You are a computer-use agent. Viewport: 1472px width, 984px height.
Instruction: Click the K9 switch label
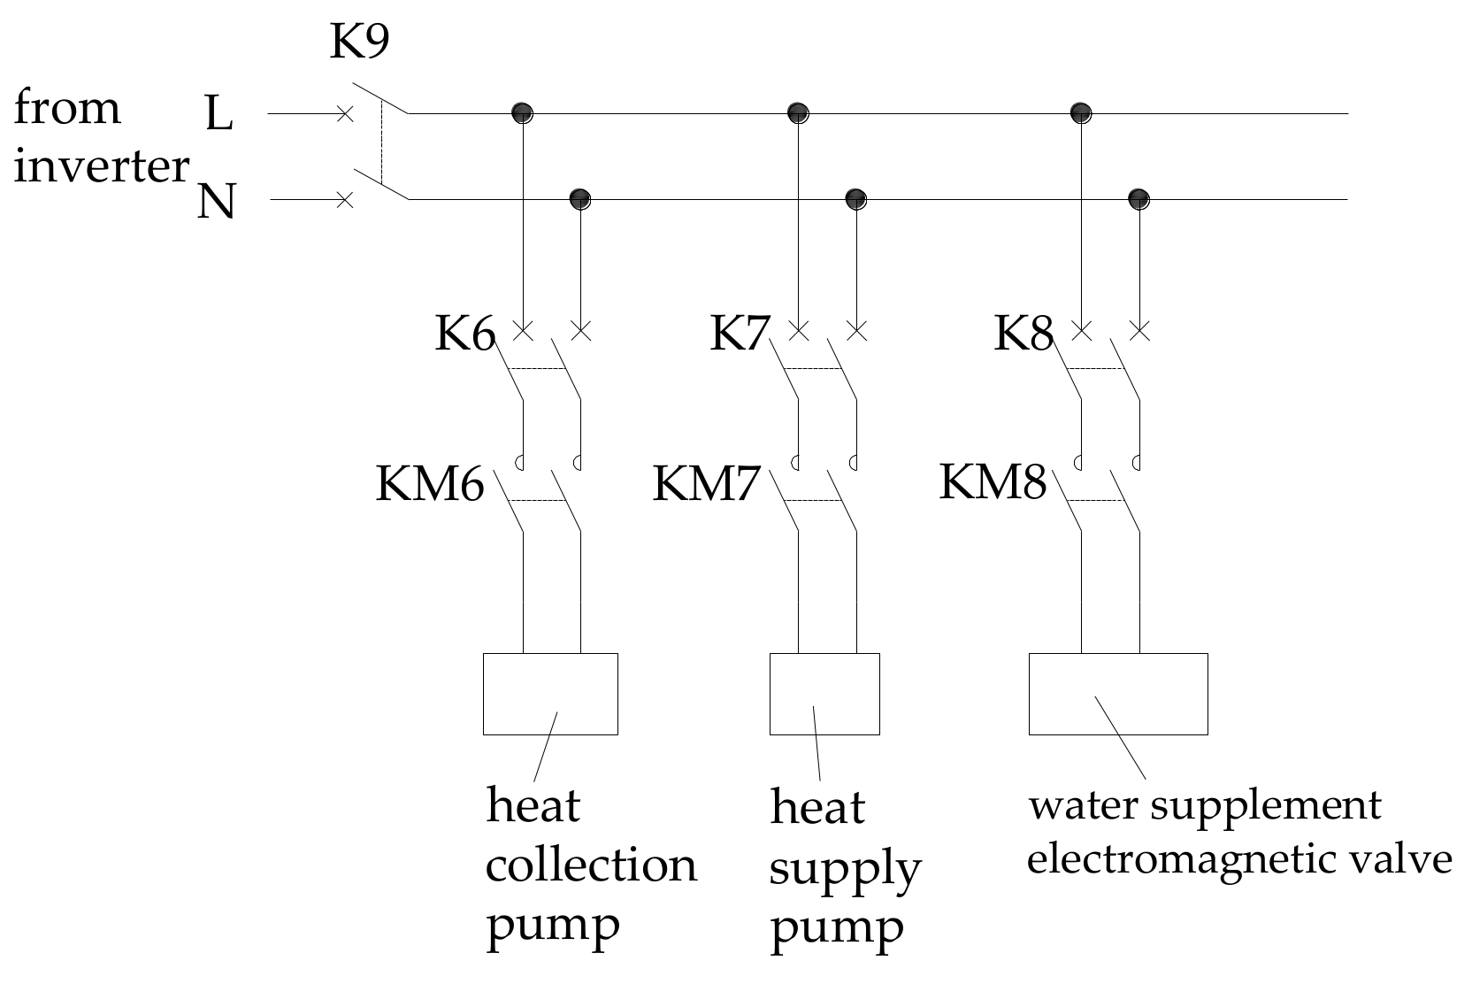pyautogui.click(x=358, y=42)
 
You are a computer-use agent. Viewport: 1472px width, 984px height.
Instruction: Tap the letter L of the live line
pyautogui.click(x=218, y=114)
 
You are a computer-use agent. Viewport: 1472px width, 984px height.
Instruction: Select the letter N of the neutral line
pyautogui.click(x=217, y=201)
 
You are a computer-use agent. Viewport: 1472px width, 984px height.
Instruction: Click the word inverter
pyautogui.click(x=101, y=165)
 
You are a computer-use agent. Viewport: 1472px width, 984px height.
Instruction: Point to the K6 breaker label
pyautogui.click(x=464, y=335)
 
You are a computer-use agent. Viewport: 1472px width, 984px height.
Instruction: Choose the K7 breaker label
pyautogui.click(x=740, y=335)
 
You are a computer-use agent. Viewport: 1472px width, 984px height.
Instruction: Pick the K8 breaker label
pyautogui.click(x=1023, y=335)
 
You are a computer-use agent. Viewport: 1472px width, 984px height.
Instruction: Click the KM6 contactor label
pyautogui.click(x=430, y=485)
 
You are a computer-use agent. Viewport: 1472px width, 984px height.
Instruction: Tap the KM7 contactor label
pyautogui.click(x=707, y=485)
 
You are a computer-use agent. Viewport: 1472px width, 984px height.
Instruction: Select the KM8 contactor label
pyautogui.click(x=993, y=483)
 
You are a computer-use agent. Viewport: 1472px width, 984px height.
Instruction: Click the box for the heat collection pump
pyautogui.click(x=550, y=694)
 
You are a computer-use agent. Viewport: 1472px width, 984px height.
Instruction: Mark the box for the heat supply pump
pyautogui.click(x=824, y=694)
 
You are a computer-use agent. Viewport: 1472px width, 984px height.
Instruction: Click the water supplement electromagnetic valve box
pyautogui.click(x=1118, y=694)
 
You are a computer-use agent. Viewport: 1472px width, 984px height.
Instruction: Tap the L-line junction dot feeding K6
pyautogui.click(x=522, y=112)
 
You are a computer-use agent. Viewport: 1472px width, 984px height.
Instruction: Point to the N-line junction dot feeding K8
pyautogui.click(x=1138, y=198)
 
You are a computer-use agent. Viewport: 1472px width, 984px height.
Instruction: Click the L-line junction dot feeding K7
pyautogui.click(x=798, y=112)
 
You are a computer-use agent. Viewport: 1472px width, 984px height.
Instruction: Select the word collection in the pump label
pyautogui.click(x=591, y=865)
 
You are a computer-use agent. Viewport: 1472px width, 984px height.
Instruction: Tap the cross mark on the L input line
pyautogui.click(x=345, y=114)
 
